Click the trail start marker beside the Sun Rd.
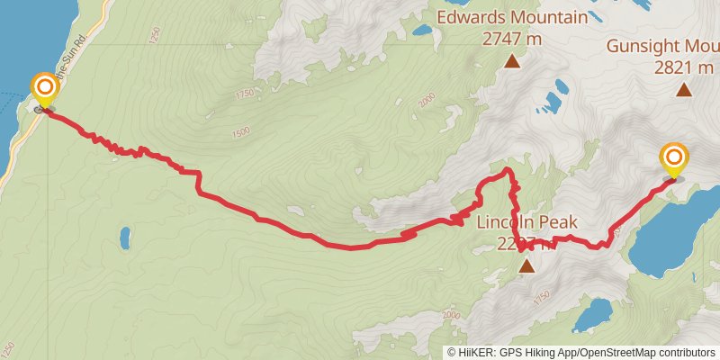44,90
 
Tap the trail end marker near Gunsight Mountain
673,159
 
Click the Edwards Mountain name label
512,17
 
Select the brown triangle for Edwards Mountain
512,61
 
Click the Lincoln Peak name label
526,222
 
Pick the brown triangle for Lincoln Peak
526,265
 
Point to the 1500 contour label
239,131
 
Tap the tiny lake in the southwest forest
125,238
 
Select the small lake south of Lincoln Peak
592,315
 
